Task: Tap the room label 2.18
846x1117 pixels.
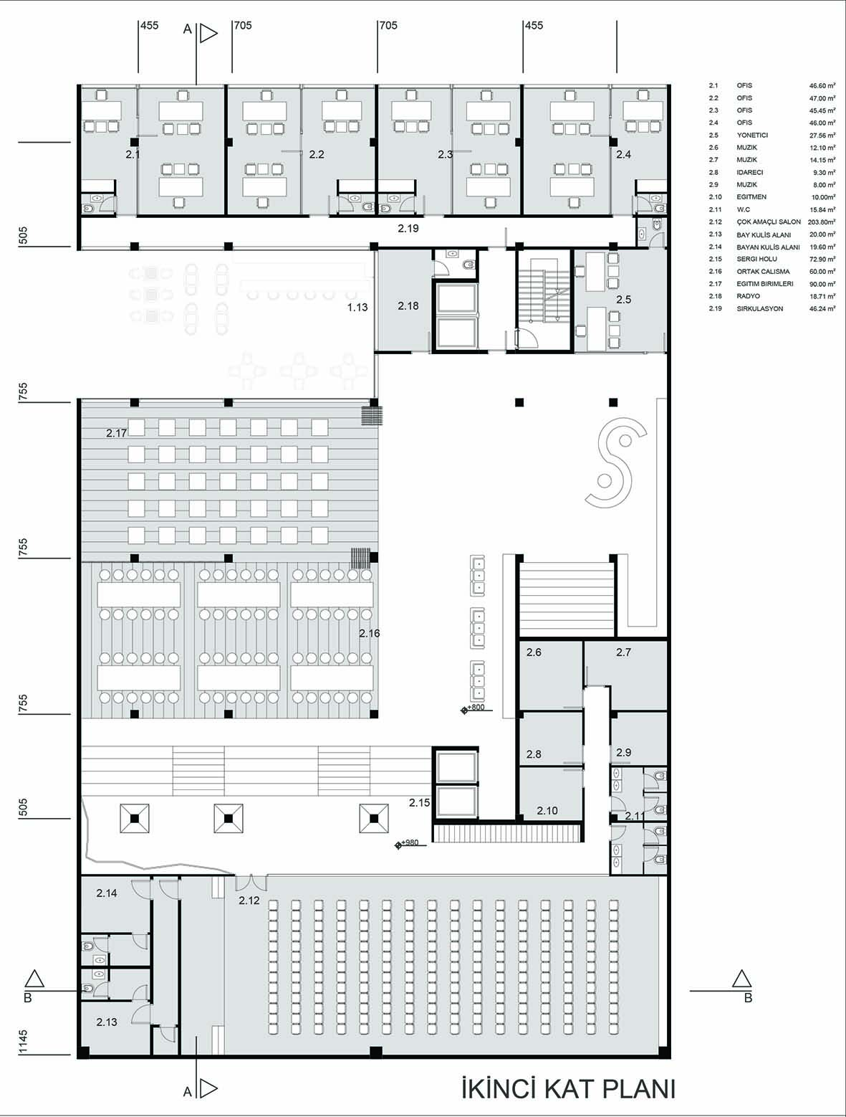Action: click(x=408, y=306)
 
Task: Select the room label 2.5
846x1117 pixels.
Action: click(x=623, y=300)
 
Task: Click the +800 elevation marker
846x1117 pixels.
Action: click(x=473, y=708)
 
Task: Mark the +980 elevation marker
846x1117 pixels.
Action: click(x=407, y=842)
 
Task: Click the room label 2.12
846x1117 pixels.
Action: click(x=249, y=900)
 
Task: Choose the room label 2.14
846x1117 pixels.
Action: click(x=107, y=893)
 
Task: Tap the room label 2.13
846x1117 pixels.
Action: click(x=107, y=1022)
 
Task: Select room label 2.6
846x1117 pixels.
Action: click(x=534, y=652)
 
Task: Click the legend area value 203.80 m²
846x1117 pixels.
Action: click(x=822, y=222)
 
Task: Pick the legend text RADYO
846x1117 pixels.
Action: click(x=749, y=296)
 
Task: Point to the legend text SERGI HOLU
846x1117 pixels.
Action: click(x=757, y=259)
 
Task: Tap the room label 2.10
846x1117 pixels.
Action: click(x=547, y=811)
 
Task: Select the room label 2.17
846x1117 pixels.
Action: click(x=117, y=433)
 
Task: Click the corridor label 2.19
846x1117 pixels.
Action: click(x=408, y=229)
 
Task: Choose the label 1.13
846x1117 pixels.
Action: click(x=357, y=307)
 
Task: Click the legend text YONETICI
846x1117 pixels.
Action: click(x=752, y=136)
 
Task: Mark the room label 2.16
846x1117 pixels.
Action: click(x=369, y=633)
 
